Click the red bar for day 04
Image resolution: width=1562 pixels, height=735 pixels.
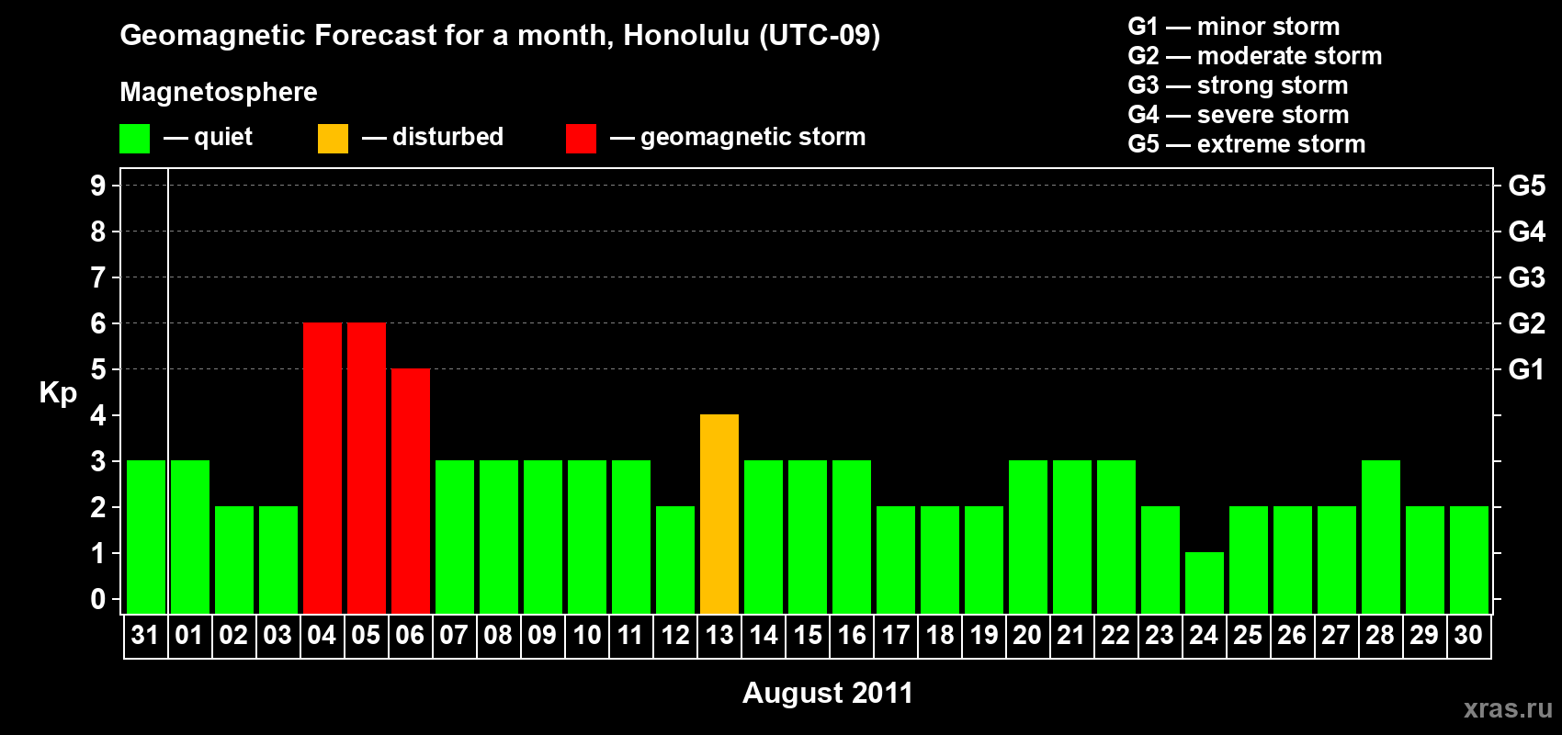click(323, 468)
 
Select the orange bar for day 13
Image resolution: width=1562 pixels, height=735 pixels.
click(719, 514)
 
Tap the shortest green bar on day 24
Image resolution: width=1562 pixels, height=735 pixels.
click(1205, 583)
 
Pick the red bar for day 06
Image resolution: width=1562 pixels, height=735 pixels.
click(411, 491)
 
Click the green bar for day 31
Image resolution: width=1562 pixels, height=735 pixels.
click(146, 537)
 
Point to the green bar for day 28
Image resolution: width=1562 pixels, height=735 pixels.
click(1381, 537)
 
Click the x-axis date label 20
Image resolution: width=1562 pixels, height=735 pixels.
click(1027, 635)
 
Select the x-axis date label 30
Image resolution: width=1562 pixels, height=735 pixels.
click(1468, 635)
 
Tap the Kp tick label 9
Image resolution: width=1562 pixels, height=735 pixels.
click(98, 186)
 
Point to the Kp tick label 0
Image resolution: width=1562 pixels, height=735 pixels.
click(98, 599)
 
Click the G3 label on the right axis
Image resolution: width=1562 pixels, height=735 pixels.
click(1527, 277)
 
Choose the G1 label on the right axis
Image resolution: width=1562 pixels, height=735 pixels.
click(1527, 369)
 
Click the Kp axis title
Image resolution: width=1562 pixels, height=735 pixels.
click(58, 393)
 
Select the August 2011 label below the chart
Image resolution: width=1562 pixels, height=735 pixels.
click(828, 693)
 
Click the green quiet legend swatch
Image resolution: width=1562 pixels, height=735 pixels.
click(134, 138)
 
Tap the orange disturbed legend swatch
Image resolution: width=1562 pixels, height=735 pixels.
click(333, 138)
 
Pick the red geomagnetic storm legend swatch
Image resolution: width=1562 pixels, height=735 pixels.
click(582, 138)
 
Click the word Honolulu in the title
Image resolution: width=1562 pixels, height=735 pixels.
click(686, 35)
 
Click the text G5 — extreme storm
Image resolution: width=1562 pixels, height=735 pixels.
click(1247, 144)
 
